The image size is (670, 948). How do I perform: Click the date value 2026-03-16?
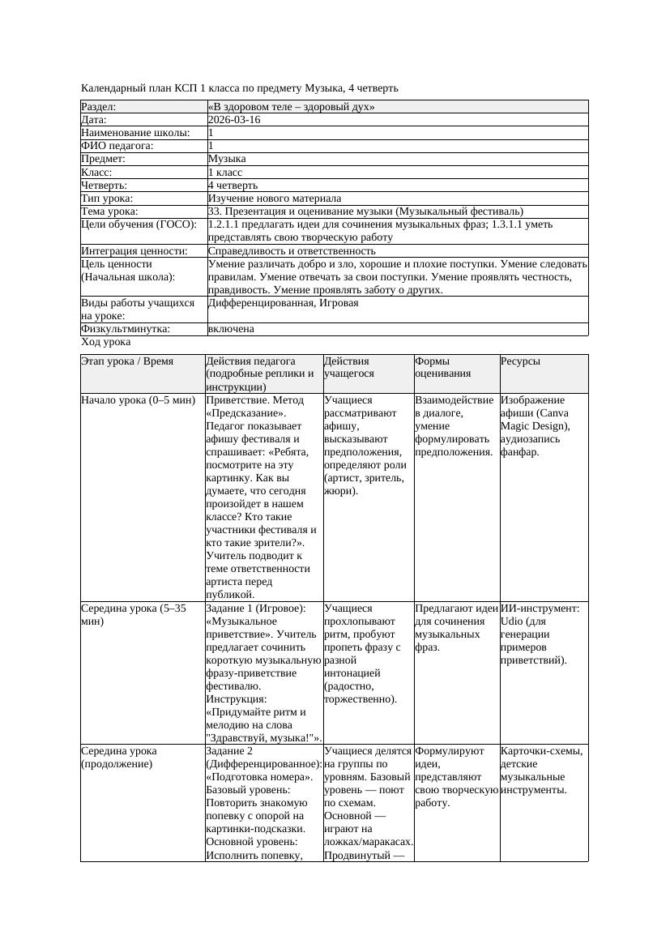coord(234,120)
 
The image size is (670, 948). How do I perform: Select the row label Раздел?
coord(99,107)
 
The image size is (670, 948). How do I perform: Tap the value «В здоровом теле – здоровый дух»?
coord(291,107)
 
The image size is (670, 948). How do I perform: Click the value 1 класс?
coord(225,173)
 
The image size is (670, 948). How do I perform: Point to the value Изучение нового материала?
coord(275,199)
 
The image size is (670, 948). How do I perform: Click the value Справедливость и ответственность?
coord(292,251)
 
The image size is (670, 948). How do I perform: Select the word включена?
coord(231,329)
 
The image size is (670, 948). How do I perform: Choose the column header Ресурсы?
coord(521,361)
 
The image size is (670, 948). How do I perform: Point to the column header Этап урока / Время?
coord(127,361)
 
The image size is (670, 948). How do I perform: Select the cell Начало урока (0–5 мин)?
coord(138,400)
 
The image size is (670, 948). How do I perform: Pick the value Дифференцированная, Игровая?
coord(283,303)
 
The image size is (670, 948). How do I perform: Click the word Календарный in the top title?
coord(111,88)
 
